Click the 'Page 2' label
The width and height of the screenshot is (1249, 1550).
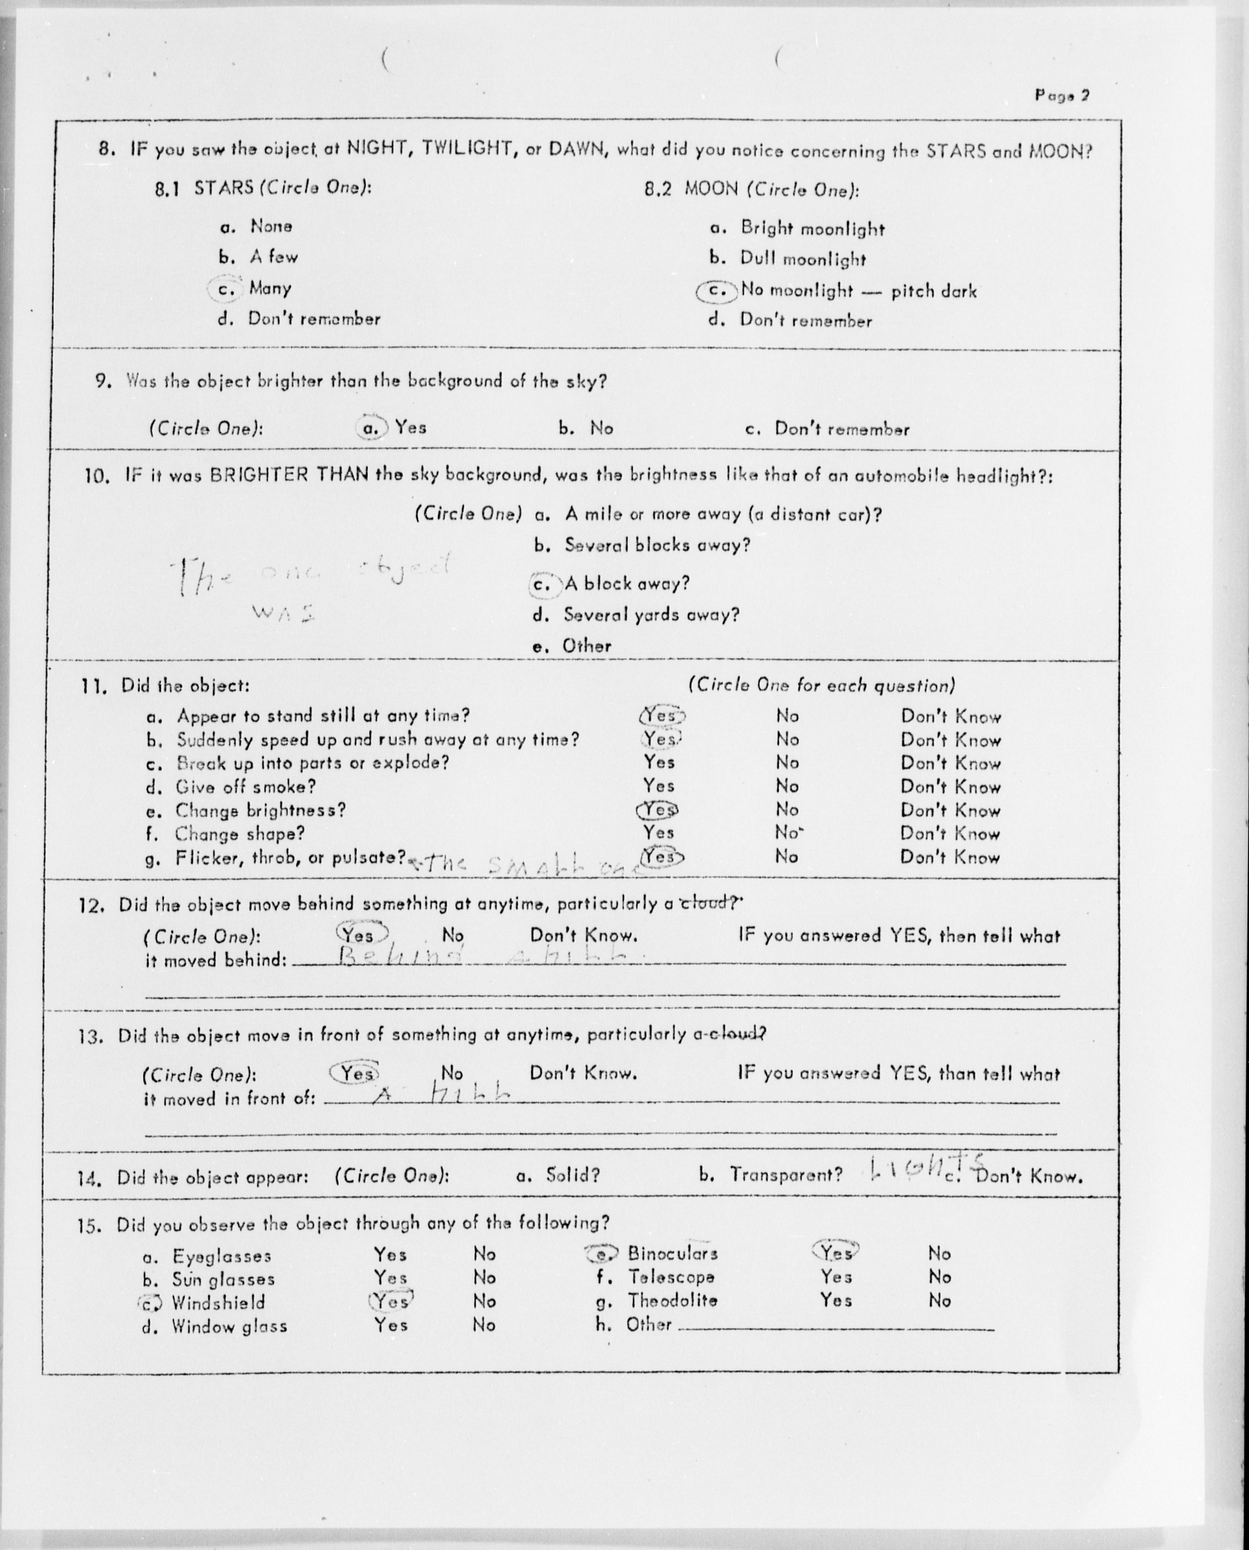(x=1062, y=95)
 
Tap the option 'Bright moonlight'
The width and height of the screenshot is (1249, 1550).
(x=812, y=229)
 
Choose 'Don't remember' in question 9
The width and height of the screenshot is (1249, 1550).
(x=842, y=430)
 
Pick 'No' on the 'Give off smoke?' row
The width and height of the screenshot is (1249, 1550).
(x=787, y=786)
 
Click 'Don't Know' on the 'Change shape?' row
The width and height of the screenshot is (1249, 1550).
(x=950, y=834)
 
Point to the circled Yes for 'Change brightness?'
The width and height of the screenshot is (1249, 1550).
(x=658, y=810)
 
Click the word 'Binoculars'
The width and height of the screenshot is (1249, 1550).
(x=672, y=1253)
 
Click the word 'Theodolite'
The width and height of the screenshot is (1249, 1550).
(x=672, y=1300)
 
